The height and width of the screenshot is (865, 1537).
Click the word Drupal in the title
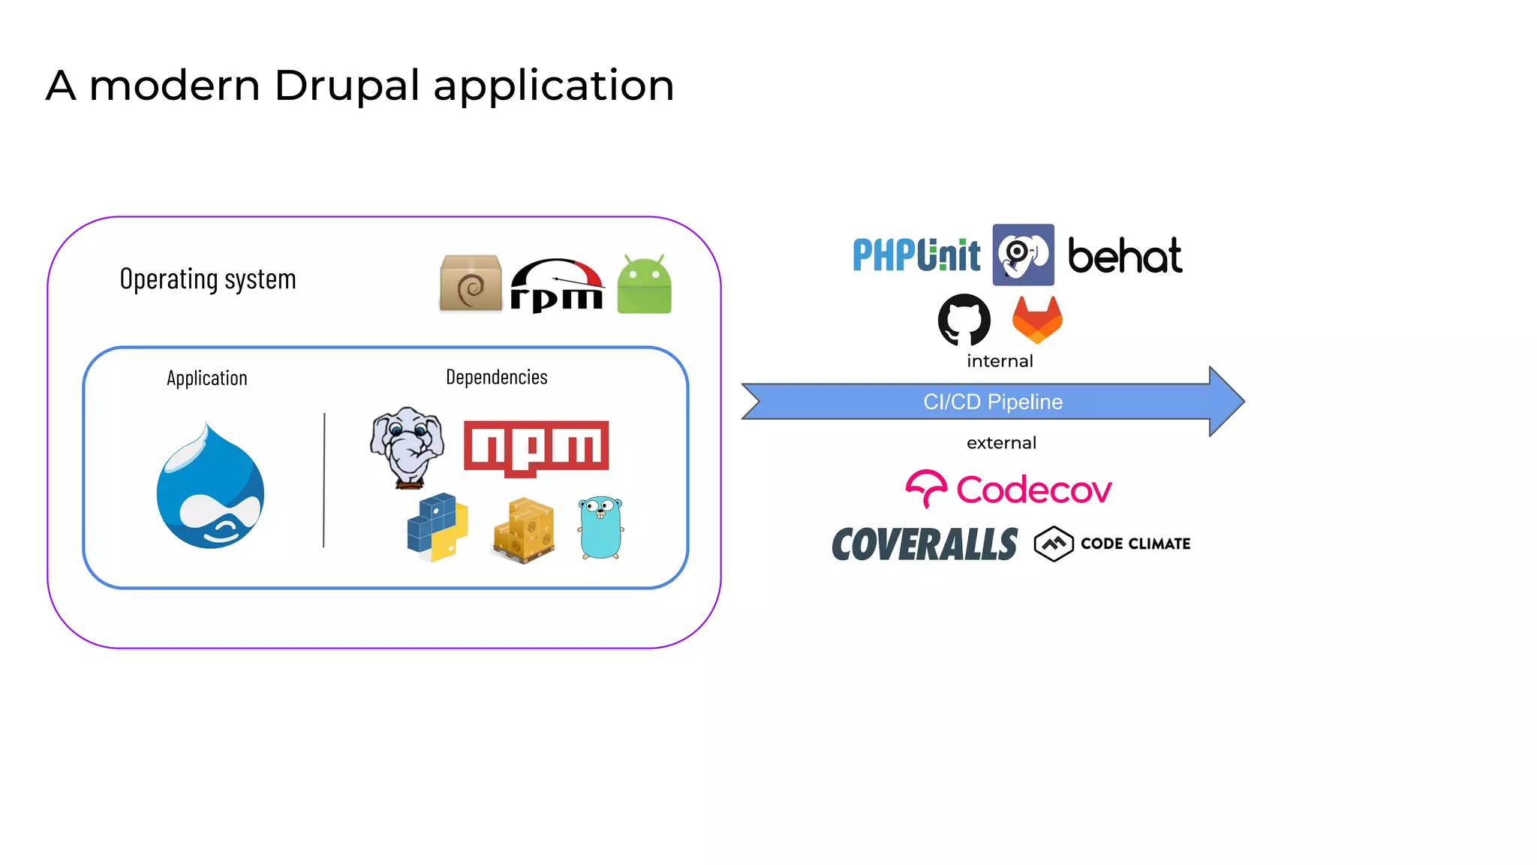347,86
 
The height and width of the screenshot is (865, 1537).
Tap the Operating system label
208,279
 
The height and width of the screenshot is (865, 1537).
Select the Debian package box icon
471,283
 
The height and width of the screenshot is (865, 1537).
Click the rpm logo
557,285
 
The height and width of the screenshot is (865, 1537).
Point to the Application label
207,378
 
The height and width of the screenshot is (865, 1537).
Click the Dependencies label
496,377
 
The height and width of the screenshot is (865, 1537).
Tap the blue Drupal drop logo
210,489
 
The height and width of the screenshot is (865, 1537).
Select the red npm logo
536,448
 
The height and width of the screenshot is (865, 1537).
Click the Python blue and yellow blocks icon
438,527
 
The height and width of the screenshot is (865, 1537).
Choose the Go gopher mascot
600,528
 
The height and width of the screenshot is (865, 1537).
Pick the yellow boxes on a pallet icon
525,531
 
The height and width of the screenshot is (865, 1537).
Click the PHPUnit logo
916,255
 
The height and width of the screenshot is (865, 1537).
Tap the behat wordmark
1124,256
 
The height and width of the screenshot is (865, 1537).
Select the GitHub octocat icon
964,319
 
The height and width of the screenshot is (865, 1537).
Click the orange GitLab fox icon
1037,319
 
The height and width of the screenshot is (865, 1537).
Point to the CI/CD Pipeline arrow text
992,402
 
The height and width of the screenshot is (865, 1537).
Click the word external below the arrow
1001,443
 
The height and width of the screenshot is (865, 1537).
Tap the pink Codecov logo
1009,490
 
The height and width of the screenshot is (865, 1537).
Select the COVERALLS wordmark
925,544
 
